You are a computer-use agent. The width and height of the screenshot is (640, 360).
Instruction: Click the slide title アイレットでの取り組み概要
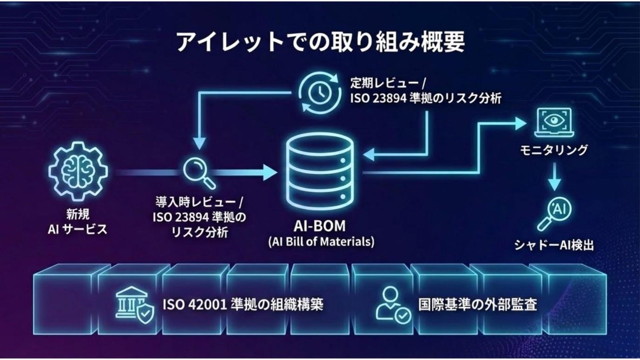320,43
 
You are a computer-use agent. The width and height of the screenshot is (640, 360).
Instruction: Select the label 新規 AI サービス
78,222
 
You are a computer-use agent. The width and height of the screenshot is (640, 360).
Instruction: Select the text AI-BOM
320,226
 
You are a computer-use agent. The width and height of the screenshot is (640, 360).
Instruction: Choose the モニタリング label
554,150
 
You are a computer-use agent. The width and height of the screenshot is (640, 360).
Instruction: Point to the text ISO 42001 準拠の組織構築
243,305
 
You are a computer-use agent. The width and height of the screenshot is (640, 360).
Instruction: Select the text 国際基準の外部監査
478,305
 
